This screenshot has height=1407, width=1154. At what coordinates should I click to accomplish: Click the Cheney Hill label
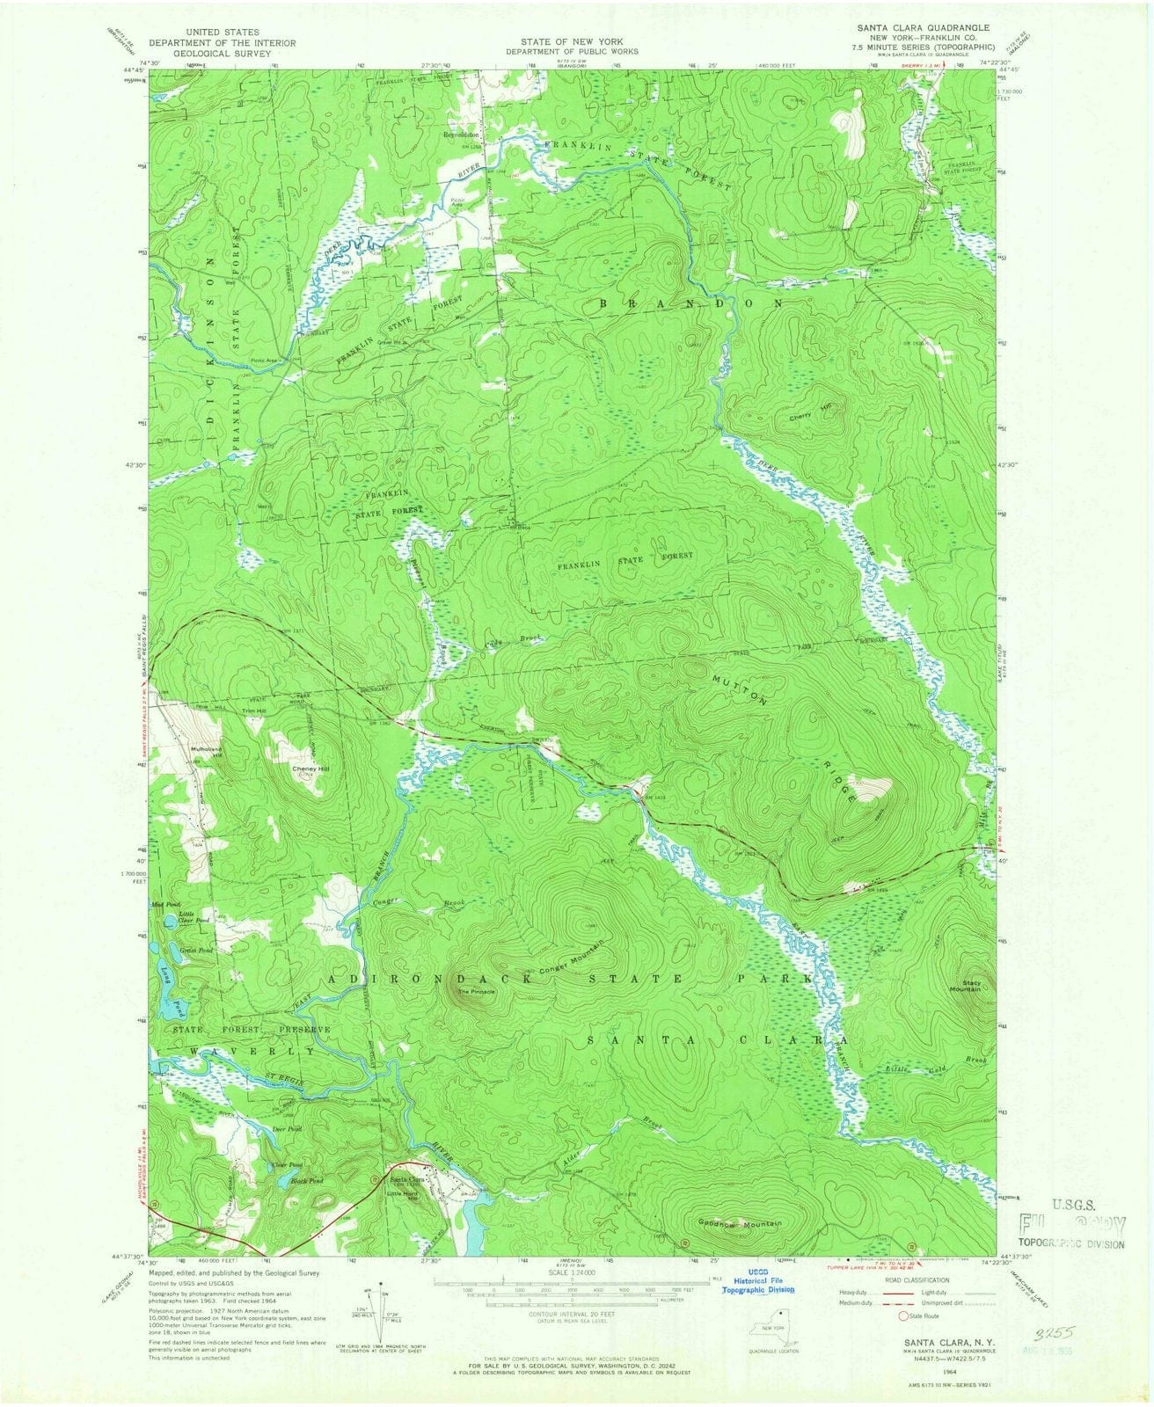310,769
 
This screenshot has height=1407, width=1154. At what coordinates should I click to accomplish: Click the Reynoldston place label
461,135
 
